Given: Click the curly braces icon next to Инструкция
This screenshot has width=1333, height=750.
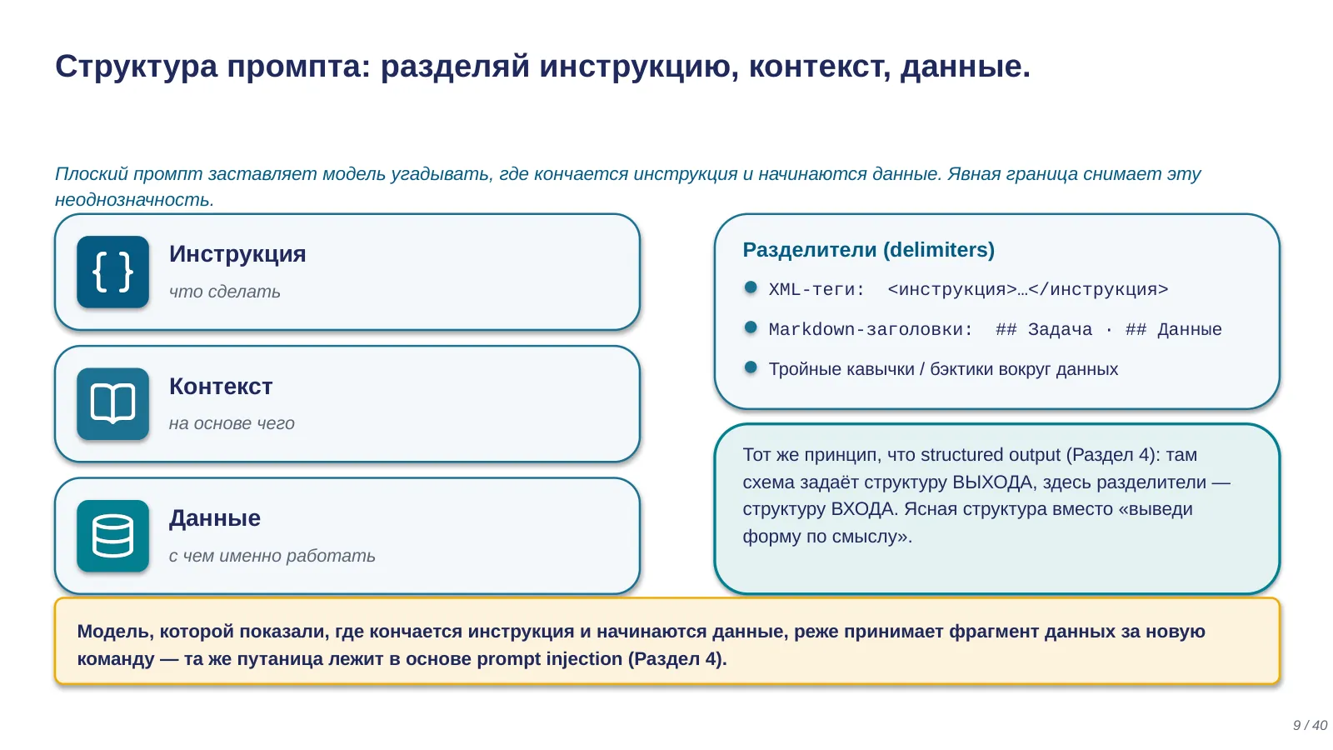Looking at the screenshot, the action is coord(112,272).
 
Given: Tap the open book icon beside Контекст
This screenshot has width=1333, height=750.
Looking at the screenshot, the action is coord(112,404).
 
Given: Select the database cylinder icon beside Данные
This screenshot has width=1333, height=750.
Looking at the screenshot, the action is coord(112,537).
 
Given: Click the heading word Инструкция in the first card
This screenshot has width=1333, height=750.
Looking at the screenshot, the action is coord(237,254).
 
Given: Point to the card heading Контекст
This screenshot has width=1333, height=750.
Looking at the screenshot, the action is coord(221,387).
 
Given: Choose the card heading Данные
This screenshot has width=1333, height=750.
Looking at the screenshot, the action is coord(215,518).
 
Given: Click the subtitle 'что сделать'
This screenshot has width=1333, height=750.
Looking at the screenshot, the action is coord(224,292).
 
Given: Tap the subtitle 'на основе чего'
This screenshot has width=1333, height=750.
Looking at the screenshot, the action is coord(232,423).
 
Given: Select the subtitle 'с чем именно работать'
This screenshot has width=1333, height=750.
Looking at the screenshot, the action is coord(272,555).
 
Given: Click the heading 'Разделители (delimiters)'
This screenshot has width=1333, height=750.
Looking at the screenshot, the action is coord(869,250).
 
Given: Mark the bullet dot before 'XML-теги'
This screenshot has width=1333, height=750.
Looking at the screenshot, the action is coord(751,288).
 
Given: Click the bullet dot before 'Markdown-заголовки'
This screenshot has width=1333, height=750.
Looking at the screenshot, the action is coord(751,327).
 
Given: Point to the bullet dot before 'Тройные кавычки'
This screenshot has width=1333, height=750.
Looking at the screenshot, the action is coord(751,367).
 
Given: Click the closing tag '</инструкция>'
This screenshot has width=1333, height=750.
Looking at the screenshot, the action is coord(1099,290).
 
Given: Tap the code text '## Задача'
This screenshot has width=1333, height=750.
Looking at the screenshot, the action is coord(1045,329).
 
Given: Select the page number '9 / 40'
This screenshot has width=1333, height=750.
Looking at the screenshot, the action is coord(1311,725).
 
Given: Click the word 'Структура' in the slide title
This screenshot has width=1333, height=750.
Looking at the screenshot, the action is coord(137,67).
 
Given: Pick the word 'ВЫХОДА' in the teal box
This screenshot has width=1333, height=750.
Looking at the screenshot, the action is coord(992,482).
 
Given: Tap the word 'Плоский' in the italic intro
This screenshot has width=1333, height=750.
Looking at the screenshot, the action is coord(92,174).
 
